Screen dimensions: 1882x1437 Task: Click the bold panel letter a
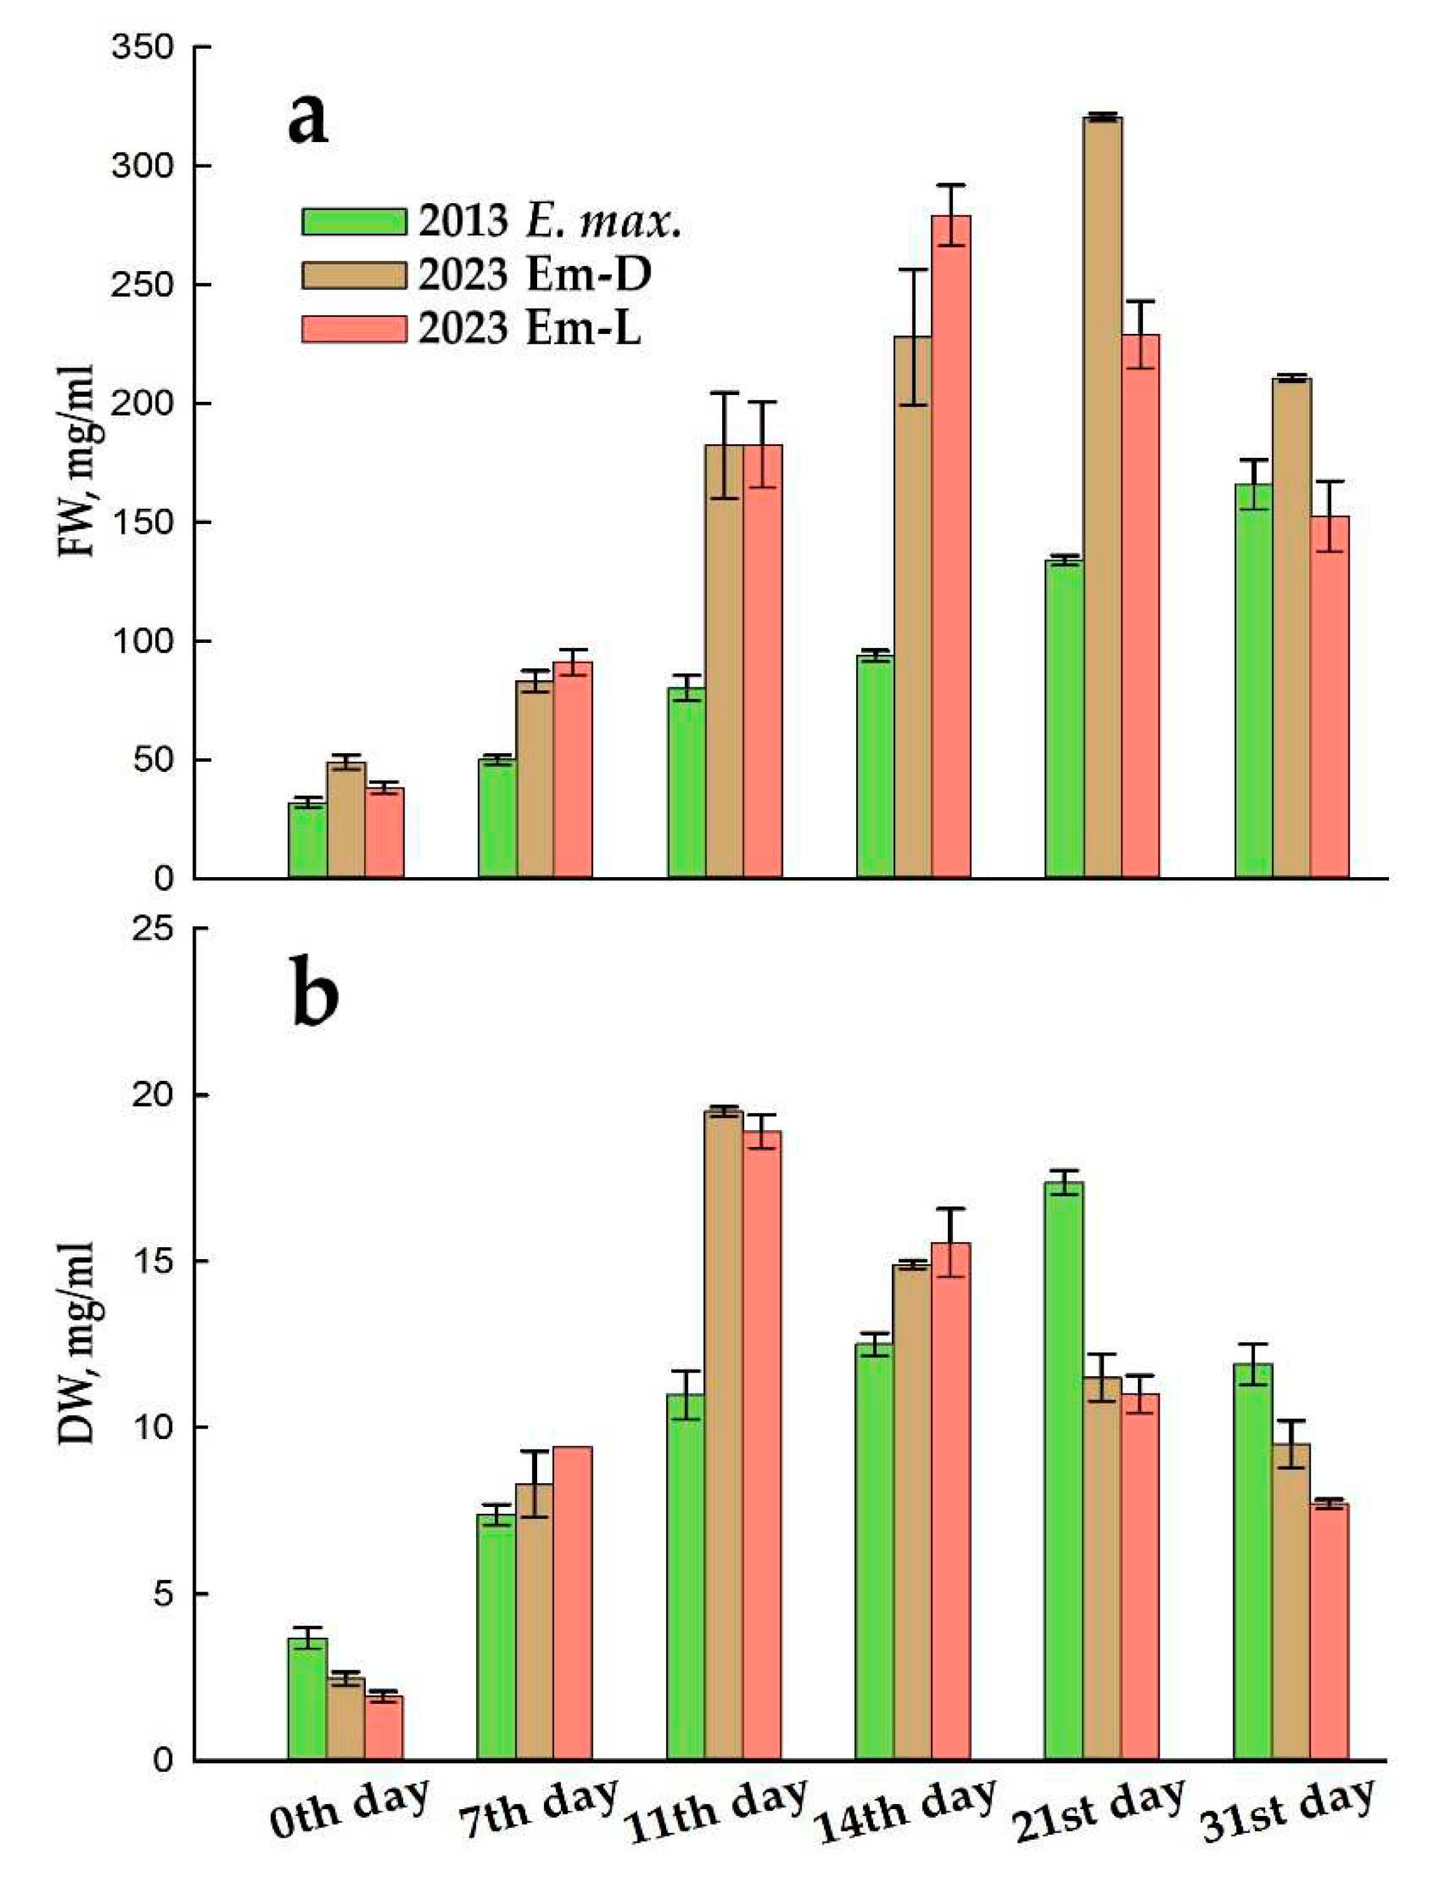click(x=306, y=120)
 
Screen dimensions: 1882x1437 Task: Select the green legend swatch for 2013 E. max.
click(x=353, y=221)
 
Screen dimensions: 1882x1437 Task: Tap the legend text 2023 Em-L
click(x=530, y=328)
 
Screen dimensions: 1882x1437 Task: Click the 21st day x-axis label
click(x=1100, y=1816)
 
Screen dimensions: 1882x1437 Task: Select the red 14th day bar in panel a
click(x=951, y=547)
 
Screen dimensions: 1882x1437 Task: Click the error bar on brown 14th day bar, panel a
click(x=914, y=337)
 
